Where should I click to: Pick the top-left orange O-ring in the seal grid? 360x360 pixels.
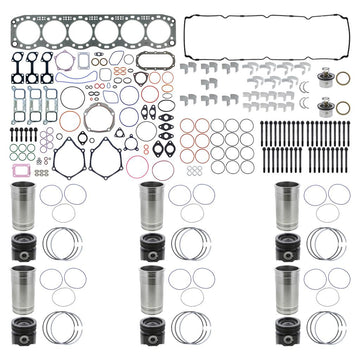187,127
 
